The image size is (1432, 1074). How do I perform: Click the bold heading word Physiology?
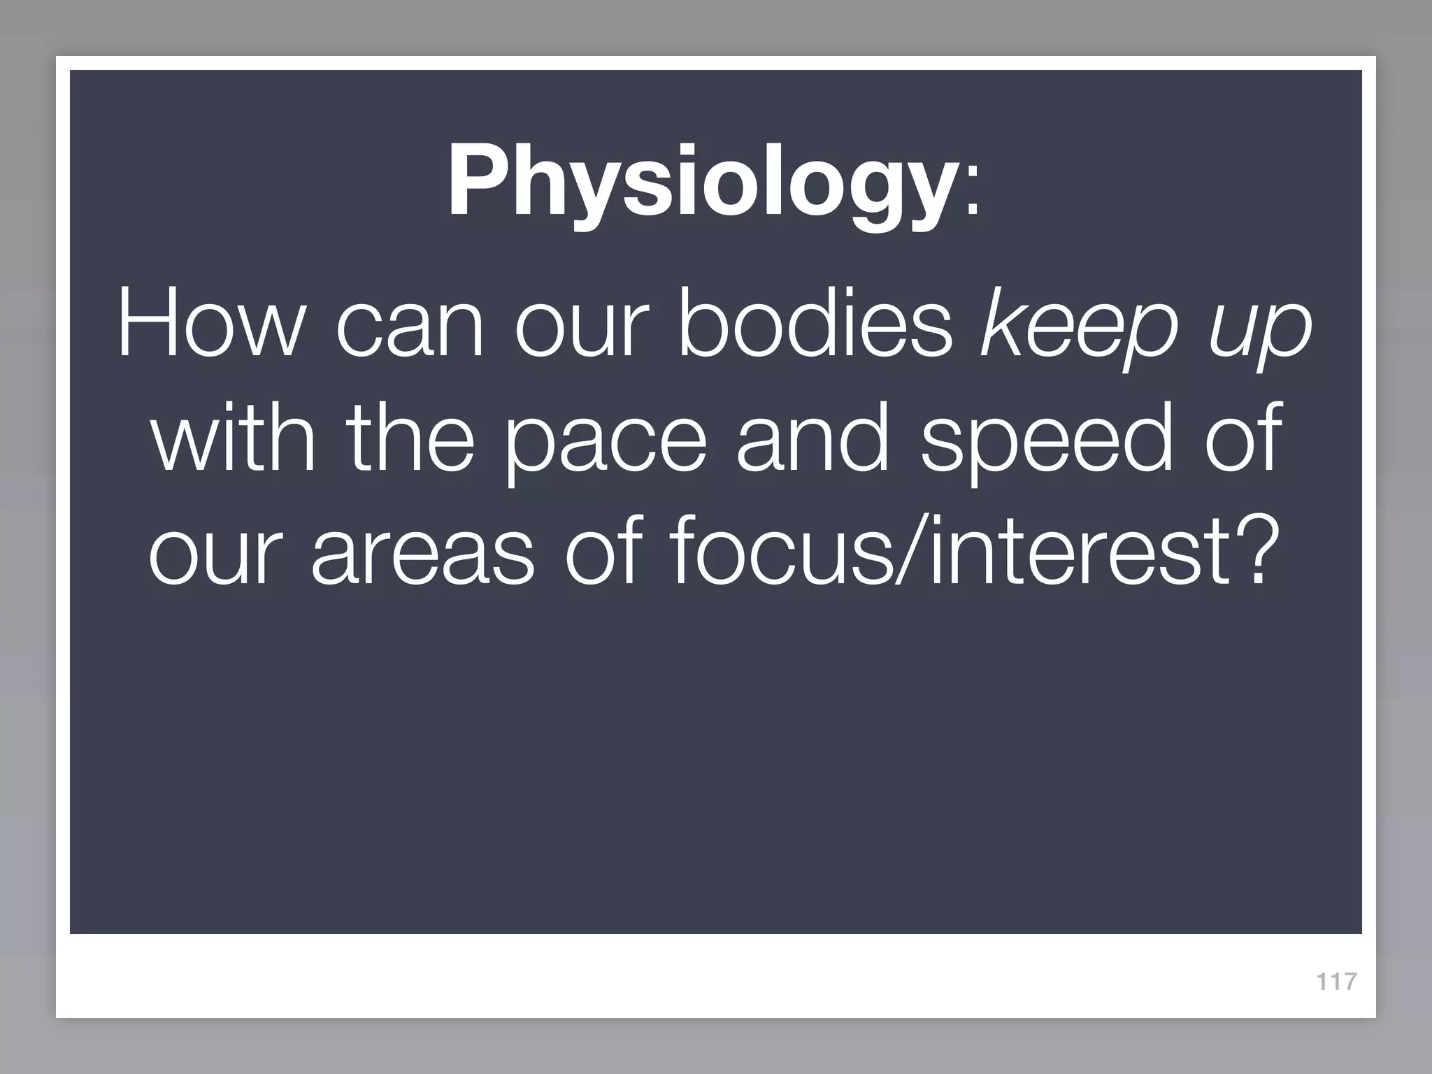[701, 183]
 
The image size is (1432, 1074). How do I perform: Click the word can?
[409, 329]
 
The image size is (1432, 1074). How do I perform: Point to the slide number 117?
[1336, 982]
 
